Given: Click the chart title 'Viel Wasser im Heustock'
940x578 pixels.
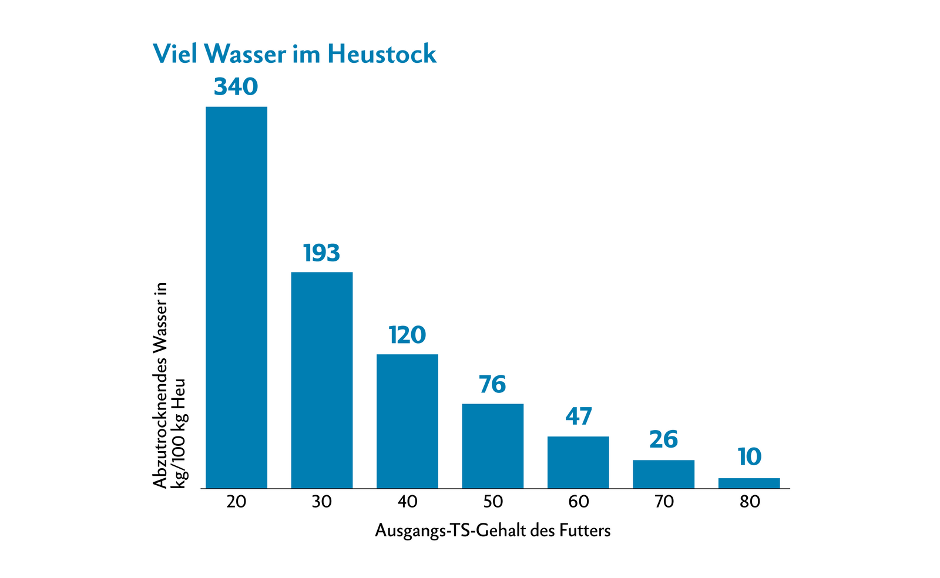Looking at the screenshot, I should pyautogui.click(x=294, y=54).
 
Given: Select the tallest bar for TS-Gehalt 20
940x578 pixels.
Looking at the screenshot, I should pyautogui.click(x=236, y=297).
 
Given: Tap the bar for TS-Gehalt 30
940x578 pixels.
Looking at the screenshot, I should pyautogui.click(x=322, y=380).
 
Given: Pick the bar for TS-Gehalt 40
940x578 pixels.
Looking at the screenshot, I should pyautogui.click(x=407, y=421).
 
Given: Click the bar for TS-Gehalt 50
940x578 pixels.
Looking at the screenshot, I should pyautogui.click(x=492, y=446).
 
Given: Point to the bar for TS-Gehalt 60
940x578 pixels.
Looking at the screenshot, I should pyautogui.click(x=578, y=462).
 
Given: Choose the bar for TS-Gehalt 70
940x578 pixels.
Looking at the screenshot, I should pyautogui.click(x=663, y=474).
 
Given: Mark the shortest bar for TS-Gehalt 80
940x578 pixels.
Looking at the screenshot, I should pyautogui.click(x=749, y=483).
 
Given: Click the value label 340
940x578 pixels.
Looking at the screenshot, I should pyautogui.click(x=236, y=87).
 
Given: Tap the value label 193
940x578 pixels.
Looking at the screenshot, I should pyautogui.click(x=321, y=253).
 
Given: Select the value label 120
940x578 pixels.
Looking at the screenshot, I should pyautogui.click(x=407, y=335).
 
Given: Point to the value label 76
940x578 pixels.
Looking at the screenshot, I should pyautogui.click(x=492, y=385).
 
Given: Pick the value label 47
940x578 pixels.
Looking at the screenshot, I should pyautogui.click(x=578, y=416).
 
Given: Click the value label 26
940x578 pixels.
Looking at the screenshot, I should pyautogui.click(x=664, y=440).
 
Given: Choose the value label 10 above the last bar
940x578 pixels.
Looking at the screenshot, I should pyautogui.click(x=749, y=457).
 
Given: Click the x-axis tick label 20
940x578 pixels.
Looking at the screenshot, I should pyautogui.click(x=236, y=502).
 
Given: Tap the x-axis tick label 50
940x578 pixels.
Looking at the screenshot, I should pyautogui.click(x=493, y=502).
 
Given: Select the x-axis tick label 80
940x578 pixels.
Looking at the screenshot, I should pyautogui.click(x=750, y=502).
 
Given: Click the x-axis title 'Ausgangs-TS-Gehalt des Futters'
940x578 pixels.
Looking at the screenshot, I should pyautogui.click(x=492, y=531).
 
